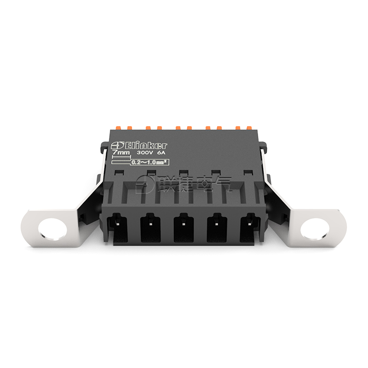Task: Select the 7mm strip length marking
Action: click(x=121, y=153)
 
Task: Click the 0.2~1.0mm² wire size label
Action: click(x=150, y=162)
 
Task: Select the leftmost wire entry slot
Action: click(x=117, y=227)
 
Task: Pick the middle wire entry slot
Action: click(x=184, y=227)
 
